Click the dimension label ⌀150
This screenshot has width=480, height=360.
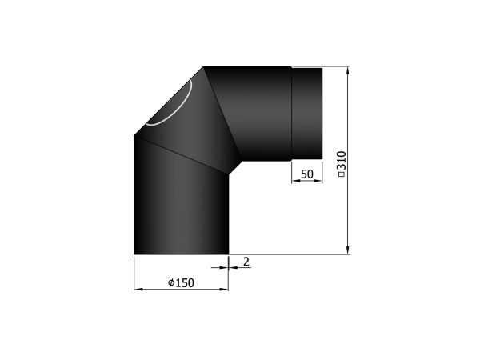click(x=181, y=283)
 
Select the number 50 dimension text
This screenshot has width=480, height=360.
click(x=307, y=174)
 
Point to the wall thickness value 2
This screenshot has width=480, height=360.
click(x=246, y=262)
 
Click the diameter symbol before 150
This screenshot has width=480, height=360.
click(x=171, y=283)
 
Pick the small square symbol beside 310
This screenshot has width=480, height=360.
click(x=342, y=174)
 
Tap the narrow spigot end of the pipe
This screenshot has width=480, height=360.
click(x=306, y=114)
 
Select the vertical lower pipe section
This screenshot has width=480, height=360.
click(x=182, y=202)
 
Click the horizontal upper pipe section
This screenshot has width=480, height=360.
click(x=251, y=114)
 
